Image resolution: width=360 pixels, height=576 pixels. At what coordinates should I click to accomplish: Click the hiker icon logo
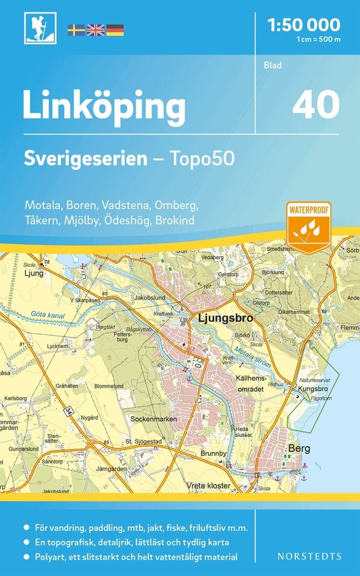(40, 28)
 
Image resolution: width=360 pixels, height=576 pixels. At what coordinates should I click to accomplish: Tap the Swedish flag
(76, 30)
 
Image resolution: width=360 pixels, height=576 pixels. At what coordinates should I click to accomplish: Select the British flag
(95, 30)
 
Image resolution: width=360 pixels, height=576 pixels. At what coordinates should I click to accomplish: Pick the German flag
(115, 30)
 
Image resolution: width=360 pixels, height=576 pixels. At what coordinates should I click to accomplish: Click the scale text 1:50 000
(304, 25)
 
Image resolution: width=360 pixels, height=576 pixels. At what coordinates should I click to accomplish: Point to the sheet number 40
(316, 104)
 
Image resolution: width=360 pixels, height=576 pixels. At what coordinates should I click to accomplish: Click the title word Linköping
(104, 106)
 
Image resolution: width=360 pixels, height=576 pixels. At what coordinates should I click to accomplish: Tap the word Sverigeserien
(86, 159)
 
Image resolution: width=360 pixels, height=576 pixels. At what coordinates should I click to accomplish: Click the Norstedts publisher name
(309, 556)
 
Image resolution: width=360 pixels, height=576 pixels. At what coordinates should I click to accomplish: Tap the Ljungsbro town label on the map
(226, 319)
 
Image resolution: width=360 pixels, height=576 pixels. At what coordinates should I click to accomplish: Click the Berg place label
(299, 448)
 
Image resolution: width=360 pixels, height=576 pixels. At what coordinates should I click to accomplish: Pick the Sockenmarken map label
(156, 419)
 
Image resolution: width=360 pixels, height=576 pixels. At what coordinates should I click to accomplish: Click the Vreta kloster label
(208, 486)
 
